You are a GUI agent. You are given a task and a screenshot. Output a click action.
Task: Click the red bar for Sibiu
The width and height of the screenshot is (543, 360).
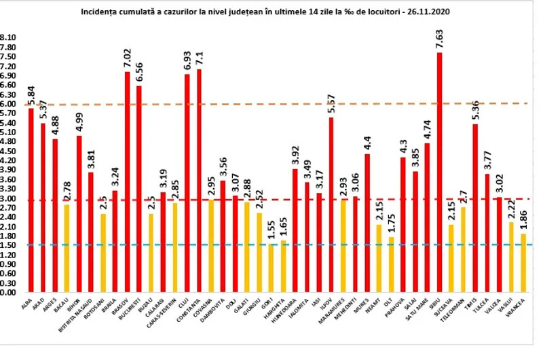[440, 173]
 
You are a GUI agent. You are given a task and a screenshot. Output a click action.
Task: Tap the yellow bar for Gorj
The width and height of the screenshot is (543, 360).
[271, 268]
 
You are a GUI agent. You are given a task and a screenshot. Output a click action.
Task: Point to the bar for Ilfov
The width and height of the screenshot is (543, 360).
[331, 204]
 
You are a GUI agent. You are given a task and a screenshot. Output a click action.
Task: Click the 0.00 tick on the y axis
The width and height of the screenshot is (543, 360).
[8, 292]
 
